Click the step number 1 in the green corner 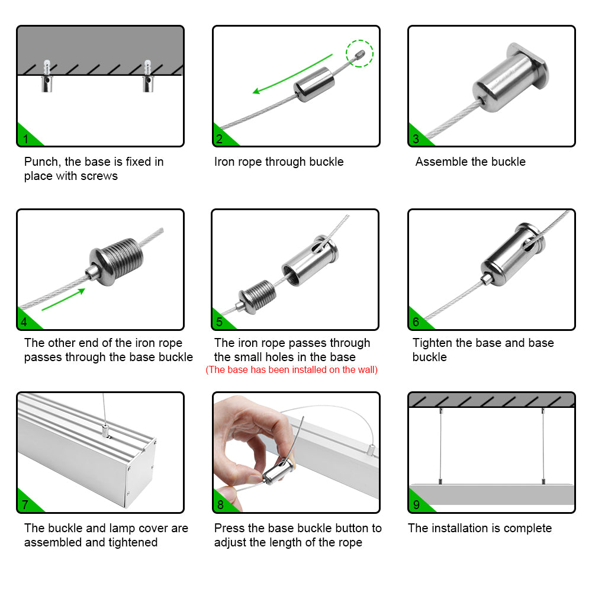coord(25,139)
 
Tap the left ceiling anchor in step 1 coord(47,76)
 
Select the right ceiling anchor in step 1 coord(147,76)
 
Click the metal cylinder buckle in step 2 coord(314,85)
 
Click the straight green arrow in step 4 coord(63,300)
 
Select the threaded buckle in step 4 coord(115,261)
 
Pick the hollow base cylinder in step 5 coord(310,260)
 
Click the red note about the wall coord(291,369)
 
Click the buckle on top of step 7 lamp coord(105,430)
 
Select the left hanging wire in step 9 coord(440,446)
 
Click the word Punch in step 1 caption coord(41,162)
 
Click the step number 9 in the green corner coord(416,505)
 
